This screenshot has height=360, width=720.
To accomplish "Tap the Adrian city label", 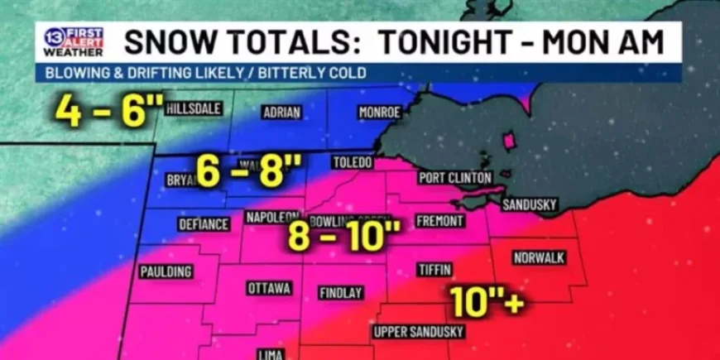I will pos(281,113).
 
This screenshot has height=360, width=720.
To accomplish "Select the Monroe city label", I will pos(380,113).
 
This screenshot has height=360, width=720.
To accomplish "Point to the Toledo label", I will pos(352,162).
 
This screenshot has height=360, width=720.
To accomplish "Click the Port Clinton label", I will pos(455,177).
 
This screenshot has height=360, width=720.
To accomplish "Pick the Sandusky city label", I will pos(530,204).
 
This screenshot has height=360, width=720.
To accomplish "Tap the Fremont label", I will pos(439,221).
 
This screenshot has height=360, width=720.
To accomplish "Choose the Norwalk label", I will pos(539,257).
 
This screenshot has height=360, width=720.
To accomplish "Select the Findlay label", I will pos(341,293).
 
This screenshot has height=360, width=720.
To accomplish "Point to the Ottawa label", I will pos(269,288).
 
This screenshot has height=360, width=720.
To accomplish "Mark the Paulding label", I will pos(166,271).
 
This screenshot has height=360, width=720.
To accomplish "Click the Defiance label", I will pos(204,224).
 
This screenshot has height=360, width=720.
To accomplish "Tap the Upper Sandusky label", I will pos(419,332).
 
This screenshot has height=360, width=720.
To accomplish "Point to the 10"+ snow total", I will pos(487,301).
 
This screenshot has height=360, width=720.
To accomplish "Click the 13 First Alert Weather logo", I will pos(74,41).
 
